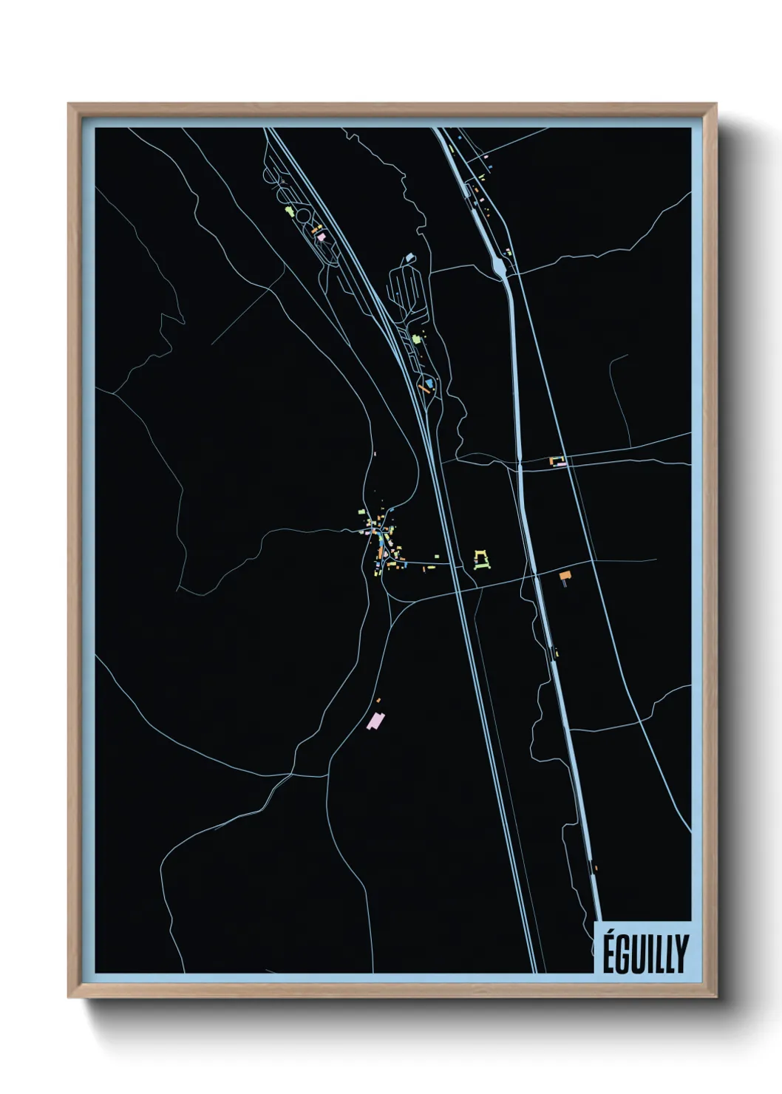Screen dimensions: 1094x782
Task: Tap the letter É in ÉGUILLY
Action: (609, 953)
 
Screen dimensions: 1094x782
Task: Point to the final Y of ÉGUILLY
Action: (681, 954)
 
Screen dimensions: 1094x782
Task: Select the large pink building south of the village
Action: (376, 721)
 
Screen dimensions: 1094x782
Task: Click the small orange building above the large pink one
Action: (378, 699)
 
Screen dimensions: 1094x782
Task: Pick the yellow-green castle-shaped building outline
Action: (482, 560)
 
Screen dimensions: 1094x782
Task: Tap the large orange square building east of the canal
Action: (565, 575)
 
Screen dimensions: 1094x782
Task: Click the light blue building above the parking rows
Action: (409, 258)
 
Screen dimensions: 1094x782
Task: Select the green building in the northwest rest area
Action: (290, 213)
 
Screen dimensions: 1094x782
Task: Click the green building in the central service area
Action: (416, 339)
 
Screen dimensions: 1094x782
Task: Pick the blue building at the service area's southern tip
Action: (430, 382)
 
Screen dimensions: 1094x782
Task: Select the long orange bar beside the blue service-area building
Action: (421, 386)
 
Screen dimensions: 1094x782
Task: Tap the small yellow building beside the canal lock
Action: (556, 652)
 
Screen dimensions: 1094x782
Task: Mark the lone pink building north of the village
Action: (376, 454)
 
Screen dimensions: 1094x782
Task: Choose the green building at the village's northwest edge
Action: (361, 512)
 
